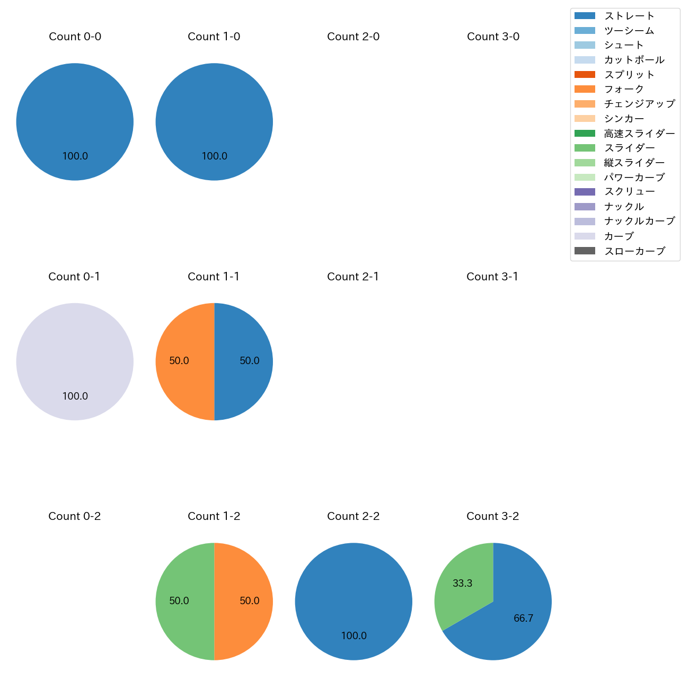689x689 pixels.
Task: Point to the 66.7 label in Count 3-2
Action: pyautogui.click(x=523, y=619)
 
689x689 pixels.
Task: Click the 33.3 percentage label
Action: pyautogui.click(x=462, y=584)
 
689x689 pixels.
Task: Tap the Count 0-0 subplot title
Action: pyautogui.click(x=75, y=37)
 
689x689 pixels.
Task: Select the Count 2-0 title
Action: pyautogui.click(x=353, y=37)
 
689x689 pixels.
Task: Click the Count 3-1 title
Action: pyautogui.click(x=492, y=277)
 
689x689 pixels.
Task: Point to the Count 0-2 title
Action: pyautogui.click(x=74, y=516)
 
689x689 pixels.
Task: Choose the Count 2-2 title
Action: pyautogui.click(x=353, y=516)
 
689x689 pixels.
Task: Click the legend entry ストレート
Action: pyautogui.click(x=629, y=16)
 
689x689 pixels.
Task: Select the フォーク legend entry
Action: pyautogui.click(x=624, y=89)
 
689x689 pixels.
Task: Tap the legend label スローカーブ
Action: pyautogui.click(x=634, y=251)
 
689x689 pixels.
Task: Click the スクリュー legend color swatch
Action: pyautogui.click(x=585, y=192)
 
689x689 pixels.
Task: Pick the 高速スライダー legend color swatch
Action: pyautogui.click(x=585, y=134)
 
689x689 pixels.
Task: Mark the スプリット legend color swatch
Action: pyautogui.click(x=585, y=75)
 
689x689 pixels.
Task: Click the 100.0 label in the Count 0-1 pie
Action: pyautogui.click(x=75, y=396)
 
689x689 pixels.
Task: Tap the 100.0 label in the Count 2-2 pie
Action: pyautogui.click(x=354, y=636)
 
